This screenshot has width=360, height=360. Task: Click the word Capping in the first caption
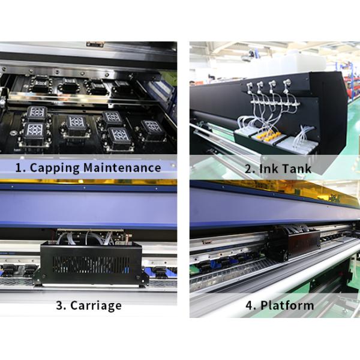coord(55,168)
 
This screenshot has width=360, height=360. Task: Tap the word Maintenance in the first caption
coord(122,167)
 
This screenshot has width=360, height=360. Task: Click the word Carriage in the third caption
coord(96,305)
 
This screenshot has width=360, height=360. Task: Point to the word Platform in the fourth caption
coord(287,305)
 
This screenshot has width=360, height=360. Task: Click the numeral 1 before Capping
coord(19,168)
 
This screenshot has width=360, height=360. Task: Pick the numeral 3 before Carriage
coord(60,305)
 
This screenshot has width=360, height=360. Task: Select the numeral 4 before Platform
coord(250,305)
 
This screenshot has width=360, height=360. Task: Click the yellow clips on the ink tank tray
coord(268,137)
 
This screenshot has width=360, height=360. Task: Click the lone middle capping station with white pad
coord(76,126)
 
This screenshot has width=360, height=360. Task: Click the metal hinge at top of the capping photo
coord(95,44)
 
